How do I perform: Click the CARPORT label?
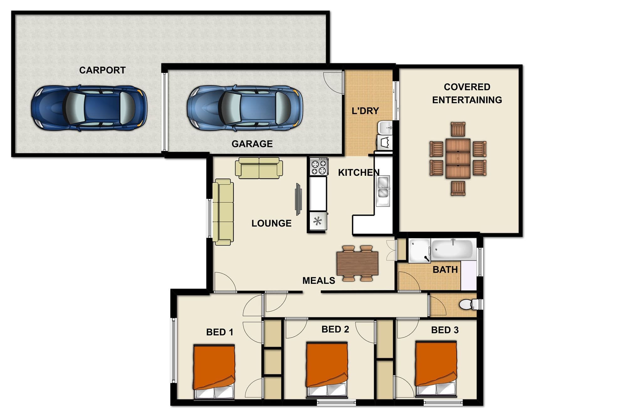click(x=102, y=70)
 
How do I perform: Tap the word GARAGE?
click(x=252, y=144)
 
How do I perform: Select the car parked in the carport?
click(x=89, y=108)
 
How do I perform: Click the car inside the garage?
click(x=245, y=108)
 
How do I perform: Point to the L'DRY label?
click(x=365, y=111)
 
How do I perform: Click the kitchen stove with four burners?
click(x=319, y=167)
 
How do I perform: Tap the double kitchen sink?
click(x=383, y=190)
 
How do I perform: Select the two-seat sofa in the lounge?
click(x=259, y=168)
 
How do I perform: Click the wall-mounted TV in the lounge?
click(x=298, y=199)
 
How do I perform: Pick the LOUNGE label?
click(x=271, y=223)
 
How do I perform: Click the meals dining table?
click(x=357, y=263)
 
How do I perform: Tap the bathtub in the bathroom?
click(x=452, y=250)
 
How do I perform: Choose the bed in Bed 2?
click(x=327, y=369)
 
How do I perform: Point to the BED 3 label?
click(x=445, y=330)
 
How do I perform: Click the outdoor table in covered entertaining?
click(x=458, y=158)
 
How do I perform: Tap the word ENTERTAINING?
click(x=467, y=100)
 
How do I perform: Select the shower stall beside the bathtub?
click(x=420, y=250)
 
